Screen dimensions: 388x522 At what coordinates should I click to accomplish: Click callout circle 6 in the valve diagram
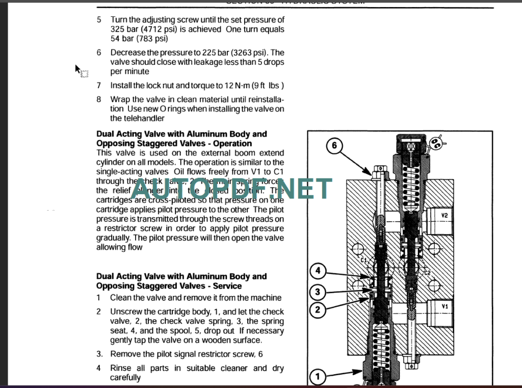coord(334,146)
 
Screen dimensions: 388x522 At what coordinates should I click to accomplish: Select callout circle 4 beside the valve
coord(318,270)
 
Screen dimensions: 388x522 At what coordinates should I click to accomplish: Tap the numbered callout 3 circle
coord(318,292)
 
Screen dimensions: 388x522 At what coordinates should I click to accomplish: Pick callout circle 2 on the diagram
coord(318,309)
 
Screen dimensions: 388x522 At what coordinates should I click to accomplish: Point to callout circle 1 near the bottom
coord(318,377)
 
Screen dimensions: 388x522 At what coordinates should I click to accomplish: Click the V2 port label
coord(445,216)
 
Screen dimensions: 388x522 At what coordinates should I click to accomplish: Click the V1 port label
coord(445,306)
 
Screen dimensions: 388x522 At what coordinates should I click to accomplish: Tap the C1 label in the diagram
coord(364,261)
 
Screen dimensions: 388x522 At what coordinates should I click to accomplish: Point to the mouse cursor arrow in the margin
coord(78,69)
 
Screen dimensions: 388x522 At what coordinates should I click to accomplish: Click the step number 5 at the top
coord(99,20)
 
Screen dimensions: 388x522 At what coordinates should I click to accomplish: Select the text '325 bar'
coord(124,30)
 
